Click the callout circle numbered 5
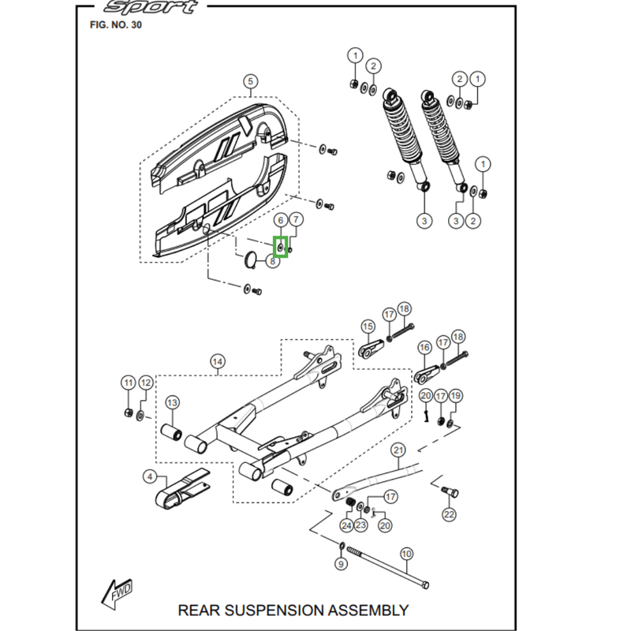(250, 82)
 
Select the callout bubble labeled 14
(217, 362)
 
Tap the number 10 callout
(406, 554)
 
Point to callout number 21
(398, 450)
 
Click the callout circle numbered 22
(449, 515)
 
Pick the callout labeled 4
(149, 476)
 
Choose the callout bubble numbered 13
(172, 402)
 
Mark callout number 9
(341, 564)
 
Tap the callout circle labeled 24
(346, 525)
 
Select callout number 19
(456, 395)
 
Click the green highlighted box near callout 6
(281, 247)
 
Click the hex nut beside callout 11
(128, 413)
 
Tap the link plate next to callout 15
(368, 349)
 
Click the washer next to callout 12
(140, 413)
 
